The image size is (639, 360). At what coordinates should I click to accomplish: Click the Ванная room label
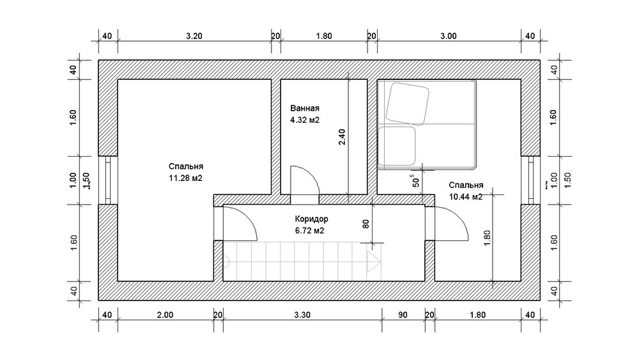tap(304, 109)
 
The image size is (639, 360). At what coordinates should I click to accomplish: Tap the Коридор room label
tap(311, 219)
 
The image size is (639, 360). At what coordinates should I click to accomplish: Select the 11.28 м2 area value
tap(185, 178)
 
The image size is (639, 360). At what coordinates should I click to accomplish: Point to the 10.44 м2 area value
tap(465, 197)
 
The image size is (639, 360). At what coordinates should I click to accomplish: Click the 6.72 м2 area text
tap(309, 231)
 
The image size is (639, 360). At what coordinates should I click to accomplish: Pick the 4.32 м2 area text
tap(304, 120)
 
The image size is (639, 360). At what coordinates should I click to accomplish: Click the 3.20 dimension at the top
tap(194, 36)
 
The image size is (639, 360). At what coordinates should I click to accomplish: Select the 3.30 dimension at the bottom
tap(302, 315)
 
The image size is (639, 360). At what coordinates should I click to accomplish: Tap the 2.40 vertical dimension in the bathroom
tap(342, 137)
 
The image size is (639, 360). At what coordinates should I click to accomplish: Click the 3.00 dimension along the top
tap(449, 36)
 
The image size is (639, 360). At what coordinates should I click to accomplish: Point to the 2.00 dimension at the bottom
tap(165, 315)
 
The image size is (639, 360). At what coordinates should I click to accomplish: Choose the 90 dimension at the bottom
tap(403, 315)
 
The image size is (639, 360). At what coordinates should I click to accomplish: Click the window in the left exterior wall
tap(108, 180)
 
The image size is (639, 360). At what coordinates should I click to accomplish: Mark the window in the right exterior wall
tap(530, 180)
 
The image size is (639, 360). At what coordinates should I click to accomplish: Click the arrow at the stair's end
tap(374, 262)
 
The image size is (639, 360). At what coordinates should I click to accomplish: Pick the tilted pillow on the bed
tap(407, 104)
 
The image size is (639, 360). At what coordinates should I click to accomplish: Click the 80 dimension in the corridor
tap(366, 223)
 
